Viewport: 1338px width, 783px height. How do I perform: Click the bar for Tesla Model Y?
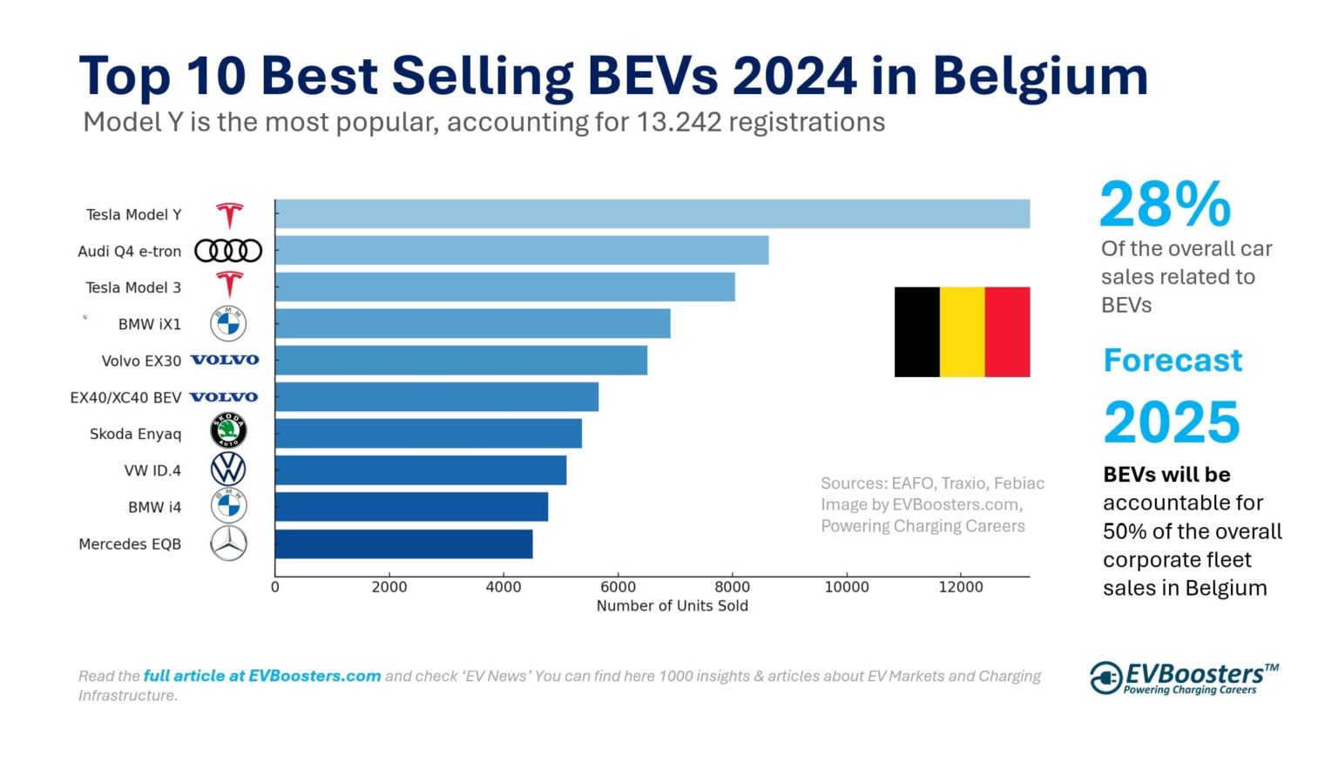point(652,214)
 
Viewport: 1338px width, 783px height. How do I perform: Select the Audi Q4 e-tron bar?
point(521,251)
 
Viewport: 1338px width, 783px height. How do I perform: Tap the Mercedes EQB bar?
point(403,544)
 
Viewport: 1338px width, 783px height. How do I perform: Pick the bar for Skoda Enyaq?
point(428,434)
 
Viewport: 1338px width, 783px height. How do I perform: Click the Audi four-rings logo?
point(228,251)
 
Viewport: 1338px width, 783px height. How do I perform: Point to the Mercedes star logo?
point(228,544)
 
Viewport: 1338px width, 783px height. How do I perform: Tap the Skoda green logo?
point(228,431)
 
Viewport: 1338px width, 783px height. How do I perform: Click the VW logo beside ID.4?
point(228,469)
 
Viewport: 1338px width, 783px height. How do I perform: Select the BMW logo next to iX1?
point(228,324)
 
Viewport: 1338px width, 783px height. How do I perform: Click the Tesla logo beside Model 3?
point(229,285)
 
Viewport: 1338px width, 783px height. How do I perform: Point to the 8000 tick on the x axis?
point(732,587)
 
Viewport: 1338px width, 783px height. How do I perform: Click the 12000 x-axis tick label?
point(960,587)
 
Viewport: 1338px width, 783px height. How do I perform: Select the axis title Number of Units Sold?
point(672,606)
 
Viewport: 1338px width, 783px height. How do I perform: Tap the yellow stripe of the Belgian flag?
point(962,332)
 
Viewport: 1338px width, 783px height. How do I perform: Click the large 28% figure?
point(1165,206)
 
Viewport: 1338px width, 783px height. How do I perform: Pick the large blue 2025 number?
point(1171,422)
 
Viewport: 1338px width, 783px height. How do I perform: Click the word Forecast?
point(1172,361)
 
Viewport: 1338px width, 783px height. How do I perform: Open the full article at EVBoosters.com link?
point(262,676)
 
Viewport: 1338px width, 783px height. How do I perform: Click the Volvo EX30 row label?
point(141,361)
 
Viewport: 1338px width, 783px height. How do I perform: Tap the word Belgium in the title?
point(1040,77)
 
